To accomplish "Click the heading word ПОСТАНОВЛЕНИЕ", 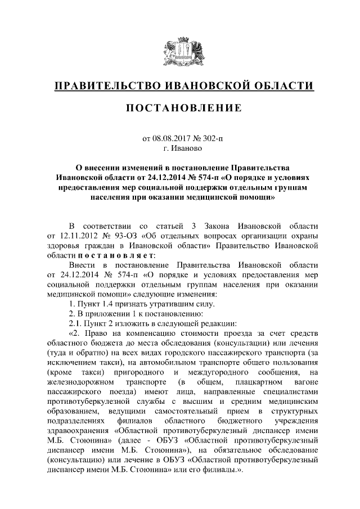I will coord(179,107).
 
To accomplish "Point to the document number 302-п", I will coord(211,138).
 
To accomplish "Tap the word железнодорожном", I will coord(79,382).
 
